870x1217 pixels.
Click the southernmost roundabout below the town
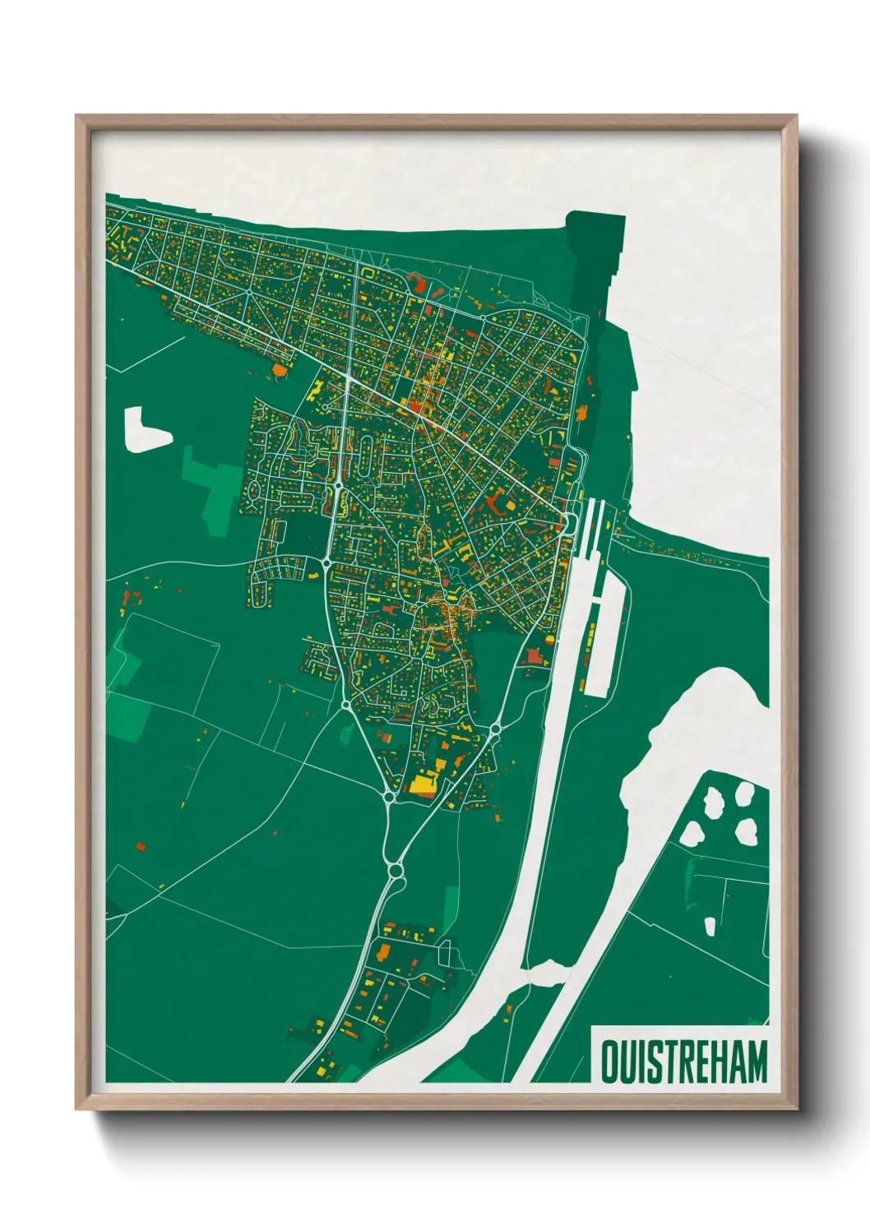pos(396,869)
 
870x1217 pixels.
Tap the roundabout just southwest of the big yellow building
pos(389,797)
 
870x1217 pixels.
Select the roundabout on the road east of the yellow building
pos(496,729)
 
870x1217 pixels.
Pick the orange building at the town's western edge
pos(280,370)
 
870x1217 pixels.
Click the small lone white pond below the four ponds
pos(710,927)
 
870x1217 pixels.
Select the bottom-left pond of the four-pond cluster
pos(690,834)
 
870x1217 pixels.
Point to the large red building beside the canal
pos(535,657)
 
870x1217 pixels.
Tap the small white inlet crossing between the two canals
pos(544,973)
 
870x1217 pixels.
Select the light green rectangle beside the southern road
pos(451,909)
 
